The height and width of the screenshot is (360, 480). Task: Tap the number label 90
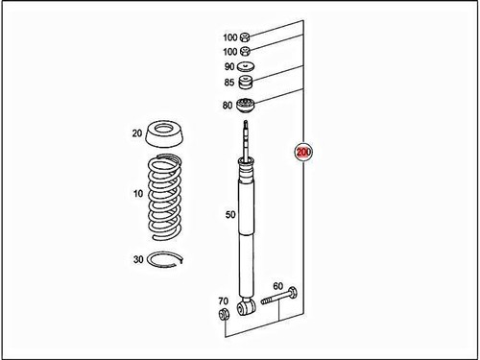point(228,66)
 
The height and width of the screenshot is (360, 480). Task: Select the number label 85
point(228,84)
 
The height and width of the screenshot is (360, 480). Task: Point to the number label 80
point(228,105)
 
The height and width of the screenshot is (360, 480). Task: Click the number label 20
point(137,133)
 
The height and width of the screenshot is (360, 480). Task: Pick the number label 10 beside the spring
point(138,194)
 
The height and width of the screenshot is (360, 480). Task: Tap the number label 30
point(138,259)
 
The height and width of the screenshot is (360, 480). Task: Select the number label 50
point(230,215)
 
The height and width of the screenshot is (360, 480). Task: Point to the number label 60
point(278,286)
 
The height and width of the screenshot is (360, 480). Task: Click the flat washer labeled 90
point(245,66)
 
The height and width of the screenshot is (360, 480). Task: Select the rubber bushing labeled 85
point(245,84)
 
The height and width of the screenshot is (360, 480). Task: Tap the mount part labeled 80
point(246,106)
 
